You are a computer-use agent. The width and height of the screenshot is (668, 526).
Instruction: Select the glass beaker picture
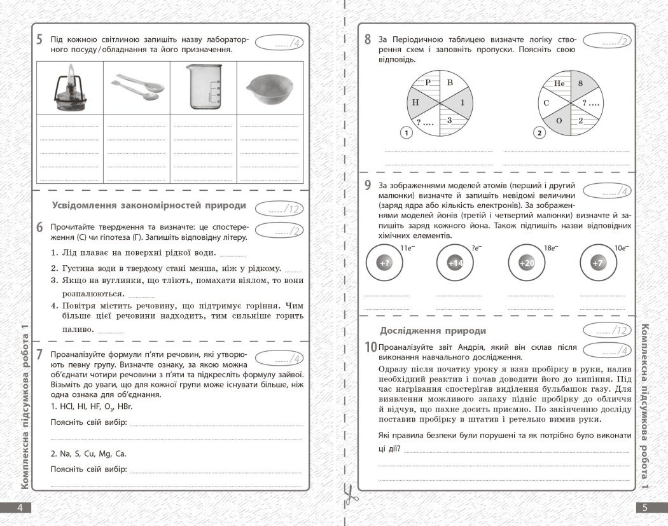coord(204,87)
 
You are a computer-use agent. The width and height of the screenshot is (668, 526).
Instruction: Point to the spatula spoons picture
coord(137,88)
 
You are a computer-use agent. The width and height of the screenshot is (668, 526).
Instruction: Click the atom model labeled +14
coord(456,263)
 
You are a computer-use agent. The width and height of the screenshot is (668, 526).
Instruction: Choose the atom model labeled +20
coord(527,263)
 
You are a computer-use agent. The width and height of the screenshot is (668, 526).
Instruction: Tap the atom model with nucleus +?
coord(384,263)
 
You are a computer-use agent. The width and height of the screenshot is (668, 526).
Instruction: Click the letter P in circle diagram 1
coord(428,83)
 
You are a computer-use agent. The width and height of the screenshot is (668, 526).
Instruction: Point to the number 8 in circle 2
coord(580,83)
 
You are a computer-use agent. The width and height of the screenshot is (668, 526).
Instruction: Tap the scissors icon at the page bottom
coord(349,494)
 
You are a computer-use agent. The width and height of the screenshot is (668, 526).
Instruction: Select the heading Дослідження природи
coord(433,331)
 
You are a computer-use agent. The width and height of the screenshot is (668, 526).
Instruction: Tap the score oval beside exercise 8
coord(607,41)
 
